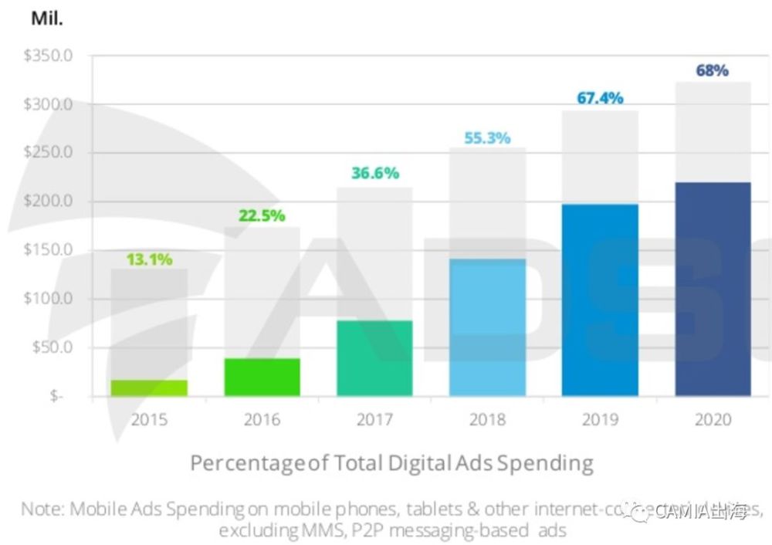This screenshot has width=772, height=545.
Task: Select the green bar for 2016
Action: [x=262, y=377]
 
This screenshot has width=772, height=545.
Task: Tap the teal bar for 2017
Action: [x=374, y=358]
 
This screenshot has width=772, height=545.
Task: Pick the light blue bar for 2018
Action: [x=487, y=328]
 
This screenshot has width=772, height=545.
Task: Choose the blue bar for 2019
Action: [x=600, y=300]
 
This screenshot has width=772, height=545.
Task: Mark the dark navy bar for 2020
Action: [x=713, y=289]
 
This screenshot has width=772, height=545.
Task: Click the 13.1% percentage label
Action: [x=149, y=260]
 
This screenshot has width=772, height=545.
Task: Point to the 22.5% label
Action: [x=262, y=216]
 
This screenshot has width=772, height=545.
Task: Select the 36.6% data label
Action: [x=374, y=174]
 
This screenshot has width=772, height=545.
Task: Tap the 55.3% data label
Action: [x=487, y=139]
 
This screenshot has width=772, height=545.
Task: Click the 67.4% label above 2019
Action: [x=600, y=99]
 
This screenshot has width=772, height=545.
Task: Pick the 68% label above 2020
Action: [x=712, y=71]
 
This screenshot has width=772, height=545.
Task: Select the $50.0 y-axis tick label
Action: [x=52, y=347]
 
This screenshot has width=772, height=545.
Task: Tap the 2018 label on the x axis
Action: [x=487, y=420]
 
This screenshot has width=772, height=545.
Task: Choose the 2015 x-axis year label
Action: [x=149, y=420]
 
